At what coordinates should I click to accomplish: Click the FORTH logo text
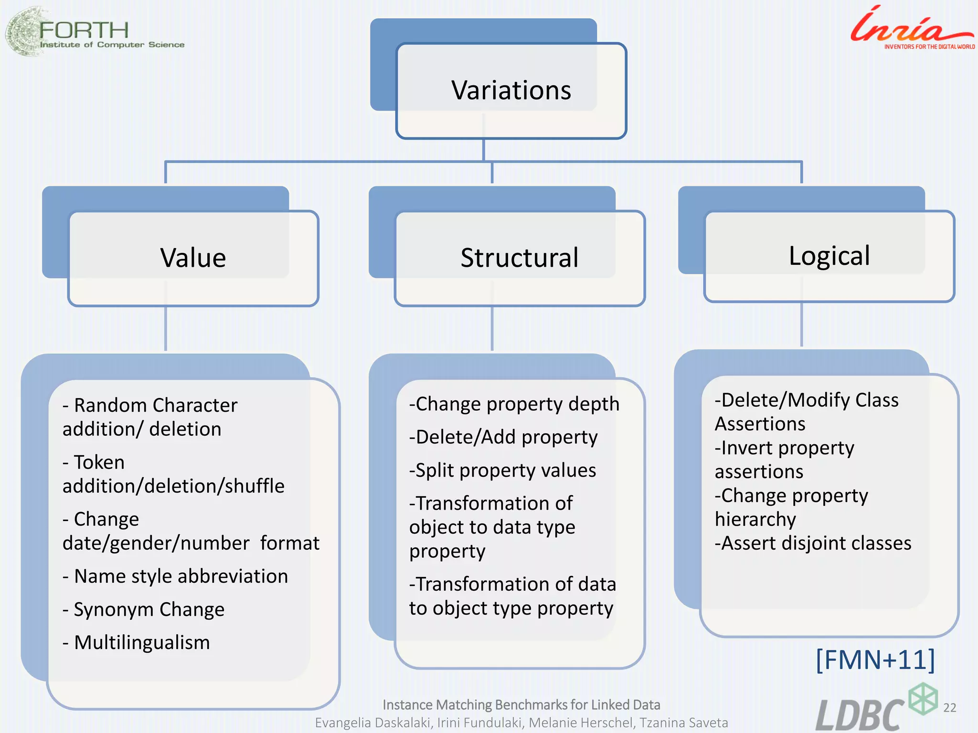click(x=84, y=31)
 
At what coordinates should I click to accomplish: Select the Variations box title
click(x=511, y=90)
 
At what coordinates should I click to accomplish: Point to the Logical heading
click(x=829, y=256)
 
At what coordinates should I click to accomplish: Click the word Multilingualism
click(x=142, y=642)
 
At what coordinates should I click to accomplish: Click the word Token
click(x=99, y=462)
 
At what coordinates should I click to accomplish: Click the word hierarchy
click(x=755, y=520)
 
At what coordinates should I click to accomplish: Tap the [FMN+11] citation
click(x=875, y=660)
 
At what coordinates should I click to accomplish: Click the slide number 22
click(x=950, y=708)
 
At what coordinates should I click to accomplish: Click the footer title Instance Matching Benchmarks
click(x=521, y=705)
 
